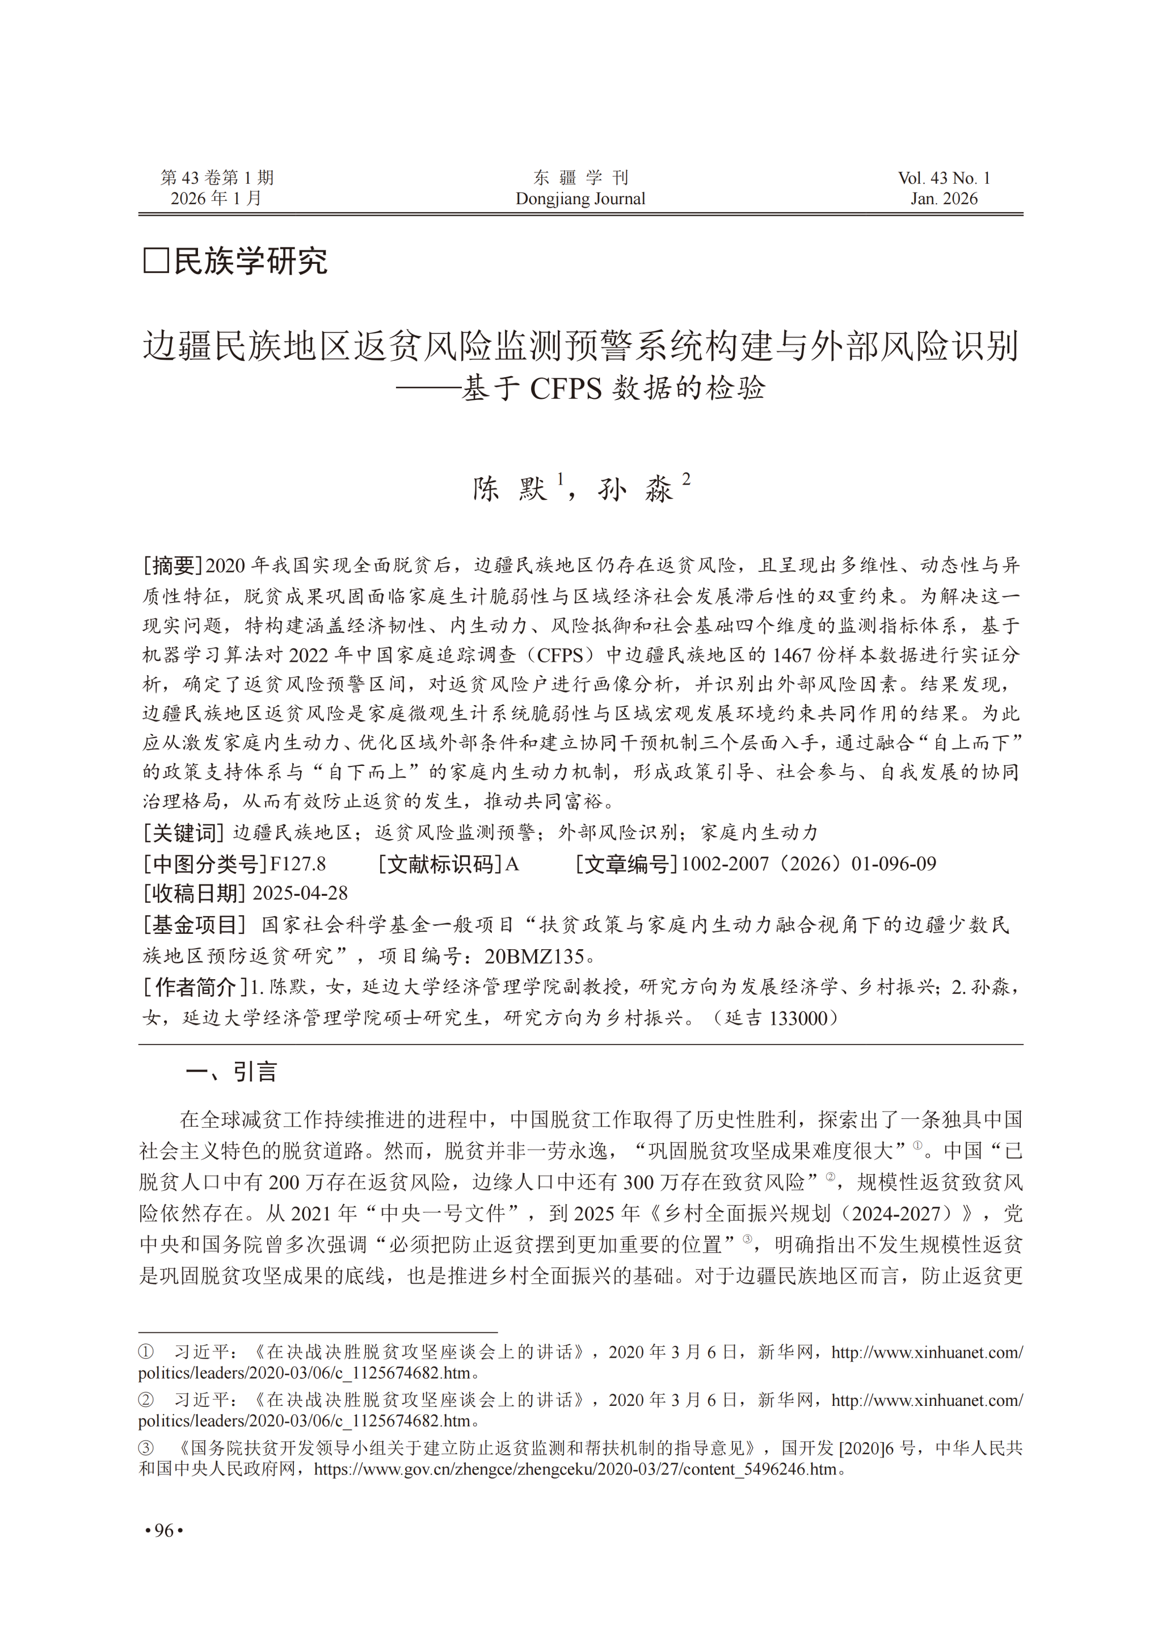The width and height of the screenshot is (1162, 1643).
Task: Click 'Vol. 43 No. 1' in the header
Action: click(944, 178)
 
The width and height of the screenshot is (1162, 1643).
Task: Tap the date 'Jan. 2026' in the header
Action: click(944, 199)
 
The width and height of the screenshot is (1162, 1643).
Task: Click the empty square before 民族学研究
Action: click(156, 260)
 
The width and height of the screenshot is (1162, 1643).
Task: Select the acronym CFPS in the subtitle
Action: click(565, 389)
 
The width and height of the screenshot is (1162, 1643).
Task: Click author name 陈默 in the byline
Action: click(510, 488)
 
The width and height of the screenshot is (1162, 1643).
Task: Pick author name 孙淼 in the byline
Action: click(635, 488)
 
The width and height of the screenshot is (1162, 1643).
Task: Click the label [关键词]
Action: click(184, 833)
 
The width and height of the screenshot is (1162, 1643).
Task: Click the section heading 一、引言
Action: click(230, 1072)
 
